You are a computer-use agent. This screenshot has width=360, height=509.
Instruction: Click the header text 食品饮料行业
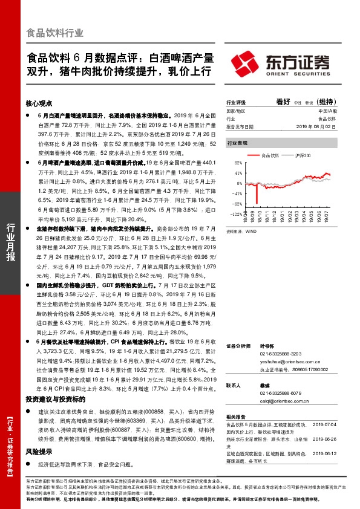click(54, 33)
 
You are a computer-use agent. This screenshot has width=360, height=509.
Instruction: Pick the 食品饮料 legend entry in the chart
click(270, 155)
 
